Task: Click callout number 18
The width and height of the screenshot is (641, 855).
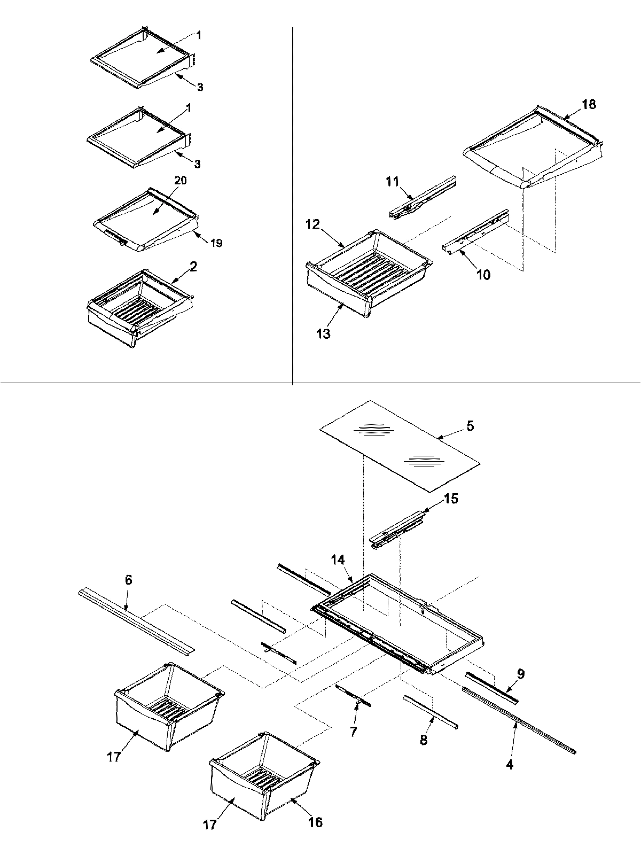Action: [589, 104]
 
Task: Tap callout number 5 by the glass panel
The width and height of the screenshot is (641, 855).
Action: [470, 426]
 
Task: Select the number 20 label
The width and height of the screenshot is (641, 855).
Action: [180, 181]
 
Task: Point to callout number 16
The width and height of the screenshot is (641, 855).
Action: [315, 821]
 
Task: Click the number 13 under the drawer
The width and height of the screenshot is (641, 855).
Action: [323, 334]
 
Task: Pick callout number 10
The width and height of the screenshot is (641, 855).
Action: [483, 275]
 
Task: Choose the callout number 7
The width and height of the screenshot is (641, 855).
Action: [353, 732]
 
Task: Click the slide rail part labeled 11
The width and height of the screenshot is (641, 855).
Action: [422, 198]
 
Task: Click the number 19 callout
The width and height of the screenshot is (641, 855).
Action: [216, 243]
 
